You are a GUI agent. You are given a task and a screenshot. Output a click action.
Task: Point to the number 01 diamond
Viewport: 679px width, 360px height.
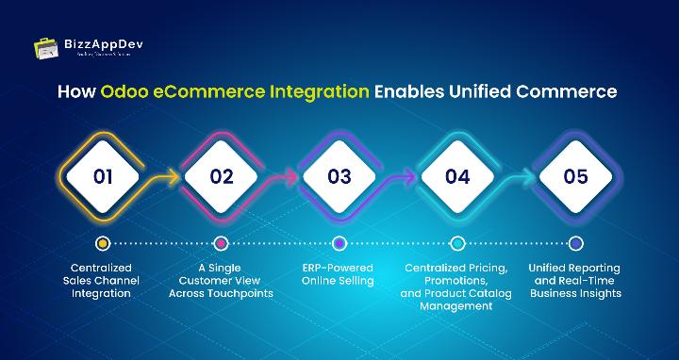pos(103,176)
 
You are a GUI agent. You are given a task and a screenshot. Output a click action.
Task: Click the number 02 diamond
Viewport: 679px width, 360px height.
pos(222,176)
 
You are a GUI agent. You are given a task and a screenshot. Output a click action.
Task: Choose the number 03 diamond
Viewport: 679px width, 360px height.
pos(339,176)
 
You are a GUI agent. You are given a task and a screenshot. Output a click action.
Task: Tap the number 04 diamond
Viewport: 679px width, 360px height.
pos(457,176)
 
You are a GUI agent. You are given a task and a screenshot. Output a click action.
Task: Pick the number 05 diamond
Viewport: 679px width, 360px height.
pos(575,176)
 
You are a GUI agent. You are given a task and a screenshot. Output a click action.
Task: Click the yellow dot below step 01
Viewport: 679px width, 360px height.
pos(103,243)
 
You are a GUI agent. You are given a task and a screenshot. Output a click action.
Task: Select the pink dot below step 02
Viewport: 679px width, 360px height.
pos(222,243)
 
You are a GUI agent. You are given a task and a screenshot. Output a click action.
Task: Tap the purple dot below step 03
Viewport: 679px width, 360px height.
pos(339,243)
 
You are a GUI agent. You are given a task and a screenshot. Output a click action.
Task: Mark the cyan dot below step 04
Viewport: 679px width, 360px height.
pos(457,243)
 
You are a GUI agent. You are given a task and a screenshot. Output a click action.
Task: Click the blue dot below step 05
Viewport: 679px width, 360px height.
pos(575,243)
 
